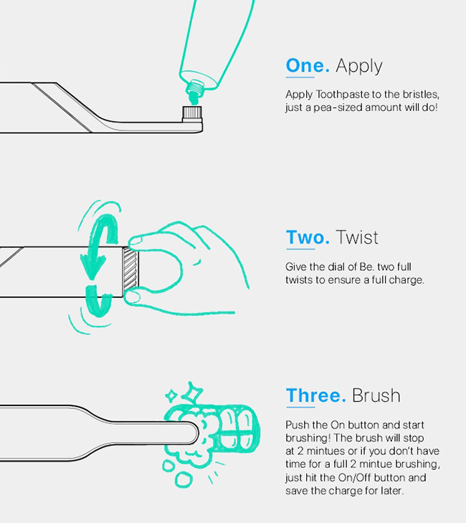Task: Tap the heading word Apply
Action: point(359,67)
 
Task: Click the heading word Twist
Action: point(357,237)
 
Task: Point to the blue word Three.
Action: point(315,395)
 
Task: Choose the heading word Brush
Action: point(376,395)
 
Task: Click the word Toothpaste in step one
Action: point(343,95)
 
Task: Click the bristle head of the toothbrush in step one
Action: point(191,114)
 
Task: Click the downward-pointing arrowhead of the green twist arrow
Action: point(92,266)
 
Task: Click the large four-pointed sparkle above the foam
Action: point(191,393)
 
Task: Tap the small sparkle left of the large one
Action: point(171,396)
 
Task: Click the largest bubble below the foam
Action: point(184,479)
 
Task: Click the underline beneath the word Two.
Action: point(300,249)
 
